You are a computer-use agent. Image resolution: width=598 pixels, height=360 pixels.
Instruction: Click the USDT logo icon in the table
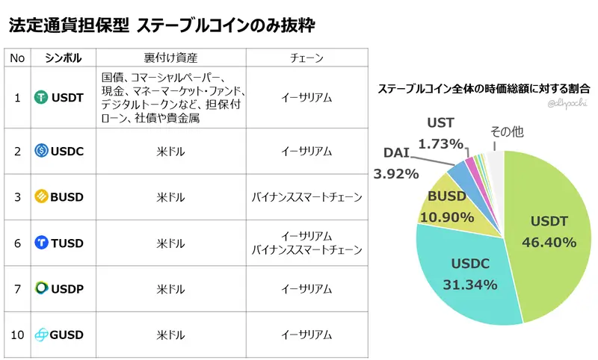point(42,97)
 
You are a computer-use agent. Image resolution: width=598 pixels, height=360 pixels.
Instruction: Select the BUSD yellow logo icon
point(42,197)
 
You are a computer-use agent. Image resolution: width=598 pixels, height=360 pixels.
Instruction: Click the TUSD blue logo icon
point(42,243)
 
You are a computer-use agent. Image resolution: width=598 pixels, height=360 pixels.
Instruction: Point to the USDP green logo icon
point(42,288)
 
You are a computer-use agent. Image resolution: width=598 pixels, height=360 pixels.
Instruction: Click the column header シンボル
point(63,58)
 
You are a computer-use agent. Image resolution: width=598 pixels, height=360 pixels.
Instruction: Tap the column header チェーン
point(306,58)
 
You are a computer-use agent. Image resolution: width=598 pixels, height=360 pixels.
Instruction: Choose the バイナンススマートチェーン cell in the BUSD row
point(306,198)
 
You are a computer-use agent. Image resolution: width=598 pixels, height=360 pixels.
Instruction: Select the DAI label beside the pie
point(396,153)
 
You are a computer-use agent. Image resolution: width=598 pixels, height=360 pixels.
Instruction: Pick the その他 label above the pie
point(506,131)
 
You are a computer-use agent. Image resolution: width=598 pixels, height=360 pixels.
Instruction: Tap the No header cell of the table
point(18,58)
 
